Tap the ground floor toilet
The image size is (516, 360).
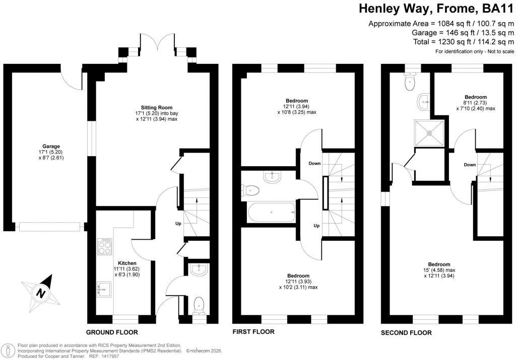pos(200,304)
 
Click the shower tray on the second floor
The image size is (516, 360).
pos(429,133)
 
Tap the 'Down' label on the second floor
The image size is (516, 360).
pos(470,165)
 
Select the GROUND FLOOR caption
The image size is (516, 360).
pos(112,332)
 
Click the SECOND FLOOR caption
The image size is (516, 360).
pos(406,332)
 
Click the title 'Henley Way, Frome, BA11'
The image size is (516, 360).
pos(436,9)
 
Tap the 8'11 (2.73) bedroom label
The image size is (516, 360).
pos(476,103)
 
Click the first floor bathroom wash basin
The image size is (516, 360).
pos(273,176)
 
